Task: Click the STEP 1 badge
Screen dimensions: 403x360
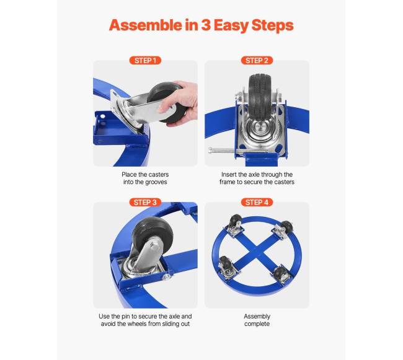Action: (145, 61)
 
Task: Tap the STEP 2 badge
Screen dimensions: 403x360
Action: (257, 61)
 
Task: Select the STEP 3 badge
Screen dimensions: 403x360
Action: (145, 203)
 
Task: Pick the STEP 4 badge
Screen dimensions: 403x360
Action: (257, 203)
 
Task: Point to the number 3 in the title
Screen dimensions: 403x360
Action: (205, 25)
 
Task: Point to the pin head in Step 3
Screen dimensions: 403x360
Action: (167, 276)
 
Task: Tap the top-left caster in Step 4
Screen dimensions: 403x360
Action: (235, 226)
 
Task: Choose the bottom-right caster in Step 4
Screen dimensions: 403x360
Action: (281, 274)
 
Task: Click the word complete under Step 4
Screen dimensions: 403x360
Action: (257, 324)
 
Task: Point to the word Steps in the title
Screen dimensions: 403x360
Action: (272, 26)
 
